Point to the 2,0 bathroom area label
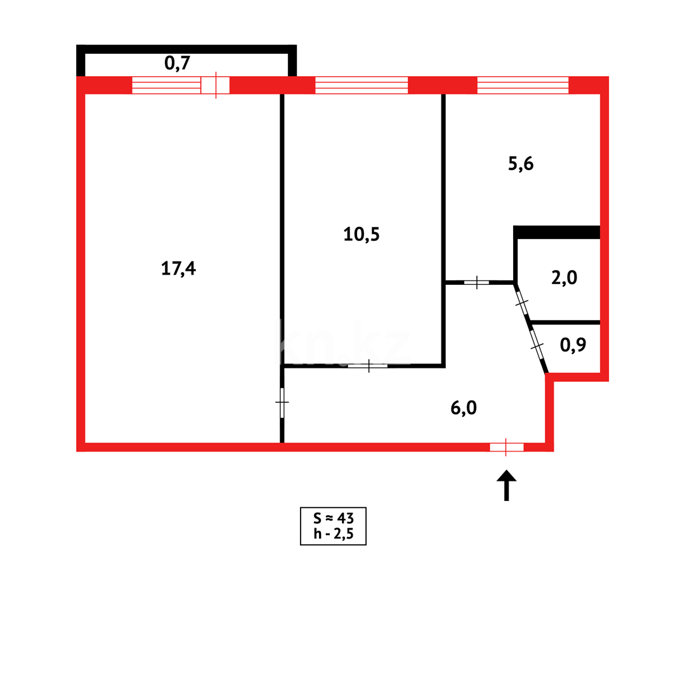[564, 278]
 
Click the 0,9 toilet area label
[573, 345]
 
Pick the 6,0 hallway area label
[464, 408]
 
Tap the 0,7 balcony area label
[178, 62]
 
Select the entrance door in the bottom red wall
[506, 447]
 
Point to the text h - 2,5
[333, 534]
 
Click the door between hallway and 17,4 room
[282, 402]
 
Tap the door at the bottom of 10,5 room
[369, 365]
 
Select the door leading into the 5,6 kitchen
[476, 282]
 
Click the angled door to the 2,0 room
[522, 304]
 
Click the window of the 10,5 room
[362, 85]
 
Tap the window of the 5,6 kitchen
[523, 85]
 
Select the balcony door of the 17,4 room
[216, 85]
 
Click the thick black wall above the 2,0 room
[558, 232]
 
